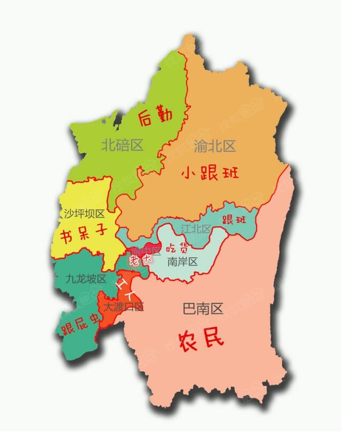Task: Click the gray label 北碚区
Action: tap(123, 145)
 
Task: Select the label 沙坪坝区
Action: tap(84, 214)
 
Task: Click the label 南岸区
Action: tap(182, 262)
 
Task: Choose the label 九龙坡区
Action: tap(86, 279)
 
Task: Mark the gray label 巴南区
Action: tap(202, 309)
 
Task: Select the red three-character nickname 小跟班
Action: tap(210, 173)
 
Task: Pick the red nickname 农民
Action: tap(201, 338)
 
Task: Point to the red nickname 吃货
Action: tap(177, 248)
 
